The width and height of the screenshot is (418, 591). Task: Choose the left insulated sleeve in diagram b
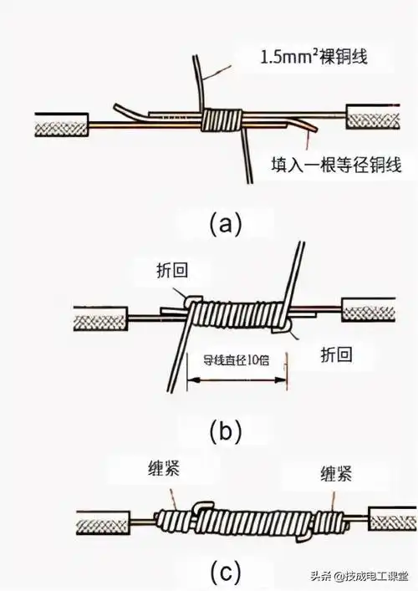(x=99, y=319)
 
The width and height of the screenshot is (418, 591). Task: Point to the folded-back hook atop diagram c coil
(x=202, y=507)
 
